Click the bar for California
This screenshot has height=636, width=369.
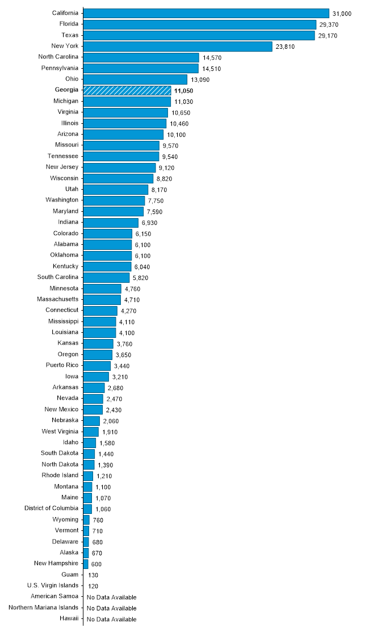coord(206,13)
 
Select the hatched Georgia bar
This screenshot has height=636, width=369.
coord(127,90)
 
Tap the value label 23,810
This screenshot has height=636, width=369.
coord(285,47)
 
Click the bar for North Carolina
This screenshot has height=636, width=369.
coord(141,57)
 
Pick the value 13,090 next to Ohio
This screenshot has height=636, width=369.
coord(200,79)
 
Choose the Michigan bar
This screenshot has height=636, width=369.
coord(127,101)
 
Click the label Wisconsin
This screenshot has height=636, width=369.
coord(64,178)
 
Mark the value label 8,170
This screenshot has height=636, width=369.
coord(159,190)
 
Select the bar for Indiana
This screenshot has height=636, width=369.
coord(111,222)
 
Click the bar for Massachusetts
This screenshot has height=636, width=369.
coord(102,299)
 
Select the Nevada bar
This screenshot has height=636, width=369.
coord(93,399)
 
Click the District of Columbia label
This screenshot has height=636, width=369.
coord(52,508)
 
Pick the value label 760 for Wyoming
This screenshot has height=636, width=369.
coord(98,520)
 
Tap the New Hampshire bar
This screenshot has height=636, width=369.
coord(86,564)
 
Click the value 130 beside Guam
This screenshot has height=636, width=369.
coord(93,575)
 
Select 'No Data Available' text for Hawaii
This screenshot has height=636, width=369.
coord(111,619)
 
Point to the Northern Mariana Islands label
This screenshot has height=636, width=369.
coord(44,608)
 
